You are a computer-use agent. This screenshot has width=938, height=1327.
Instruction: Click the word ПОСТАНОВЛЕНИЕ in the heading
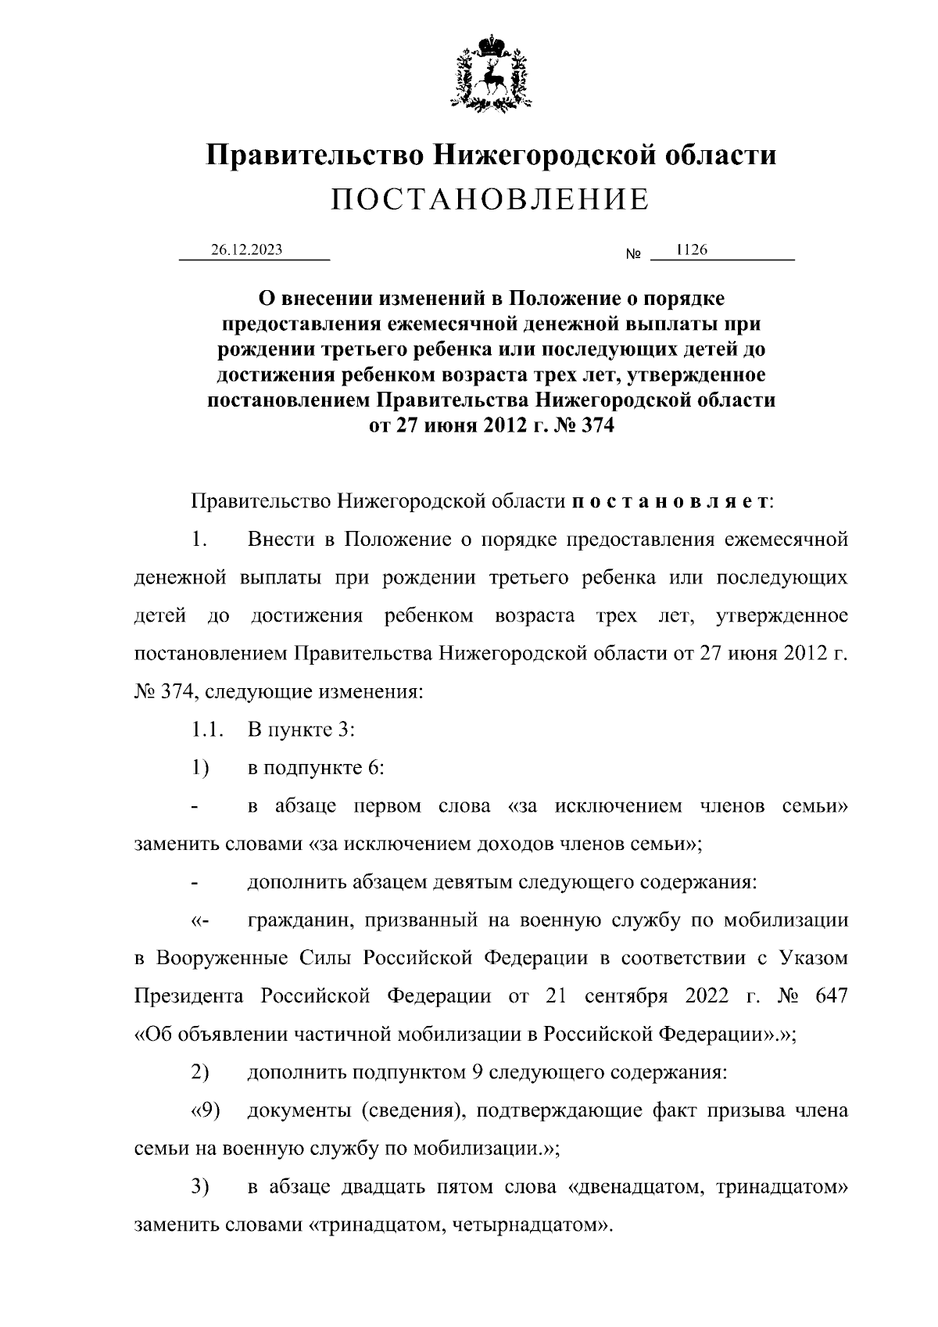pyautogui.click(x=490, y=199)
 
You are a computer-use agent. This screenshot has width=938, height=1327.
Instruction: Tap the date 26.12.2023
pyautogui.click(x=246, y=250)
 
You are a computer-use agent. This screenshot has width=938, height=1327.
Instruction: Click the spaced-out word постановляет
pyautogui.click(x=670, y=500)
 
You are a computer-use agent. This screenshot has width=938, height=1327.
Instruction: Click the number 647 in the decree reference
pyautogui.click(x=830, y=995)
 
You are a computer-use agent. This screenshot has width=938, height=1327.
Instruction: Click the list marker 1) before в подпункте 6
pyautogui.click(x=200, y=768)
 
